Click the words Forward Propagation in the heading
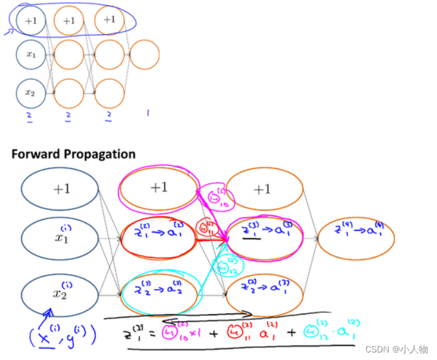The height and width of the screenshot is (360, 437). [73, 154]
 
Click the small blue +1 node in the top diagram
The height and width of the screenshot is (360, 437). [31, 21]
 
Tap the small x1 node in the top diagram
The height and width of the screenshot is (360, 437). [31, 55]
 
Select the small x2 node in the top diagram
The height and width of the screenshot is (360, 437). [31, 92]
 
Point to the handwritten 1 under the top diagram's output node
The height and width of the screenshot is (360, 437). [148, 114]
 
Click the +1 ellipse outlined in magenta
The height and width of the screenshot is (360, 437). [159, 188]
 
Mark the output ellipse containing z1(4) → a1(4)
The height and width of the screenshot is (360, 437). [356, 237]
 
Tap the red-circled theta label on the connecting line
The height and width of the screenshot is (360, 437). [205, 228]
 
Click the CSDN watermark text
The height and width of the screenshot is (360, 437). [407, 349]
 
